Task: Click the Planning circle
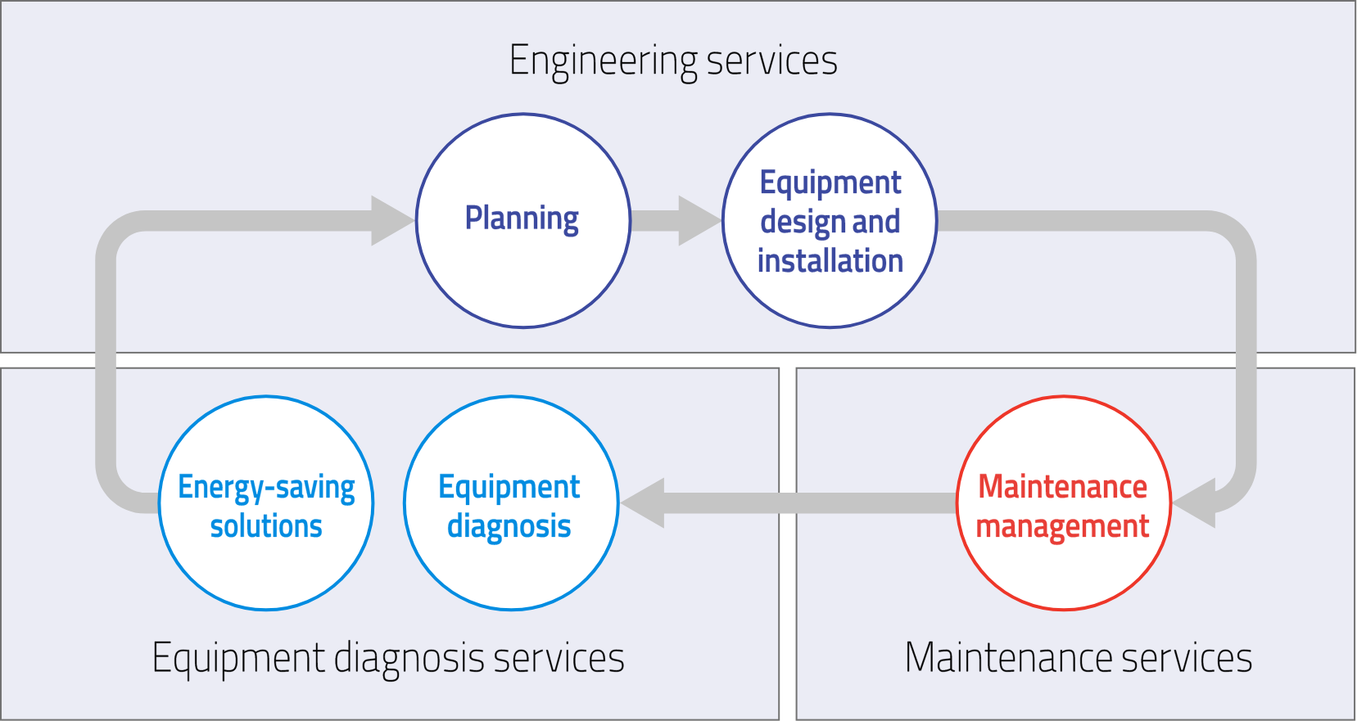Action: (522, 221)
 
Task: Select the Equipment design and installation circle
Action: (830, 221)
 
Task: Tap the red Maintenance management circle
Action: (1063, 503)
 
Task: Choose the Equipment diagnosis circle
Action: (510, 503)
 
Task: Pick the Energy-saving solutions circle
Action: (266, 503)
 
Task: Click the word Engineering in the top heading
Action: (603, 61)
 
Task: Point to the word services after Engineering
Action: (771, 61)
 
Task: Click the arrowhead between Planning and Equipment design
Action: (697, 221)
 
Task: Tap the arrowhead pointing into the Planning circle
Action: (391, 221)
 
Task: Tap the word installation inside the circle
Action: (830, 261)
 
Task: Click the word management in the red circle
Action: (1063, 526)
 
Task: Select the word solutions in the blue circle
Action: (266, 526)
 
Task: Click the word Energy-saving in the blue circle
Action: (266, 487)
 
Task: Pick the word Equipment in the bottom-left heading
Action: (238, 659)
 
